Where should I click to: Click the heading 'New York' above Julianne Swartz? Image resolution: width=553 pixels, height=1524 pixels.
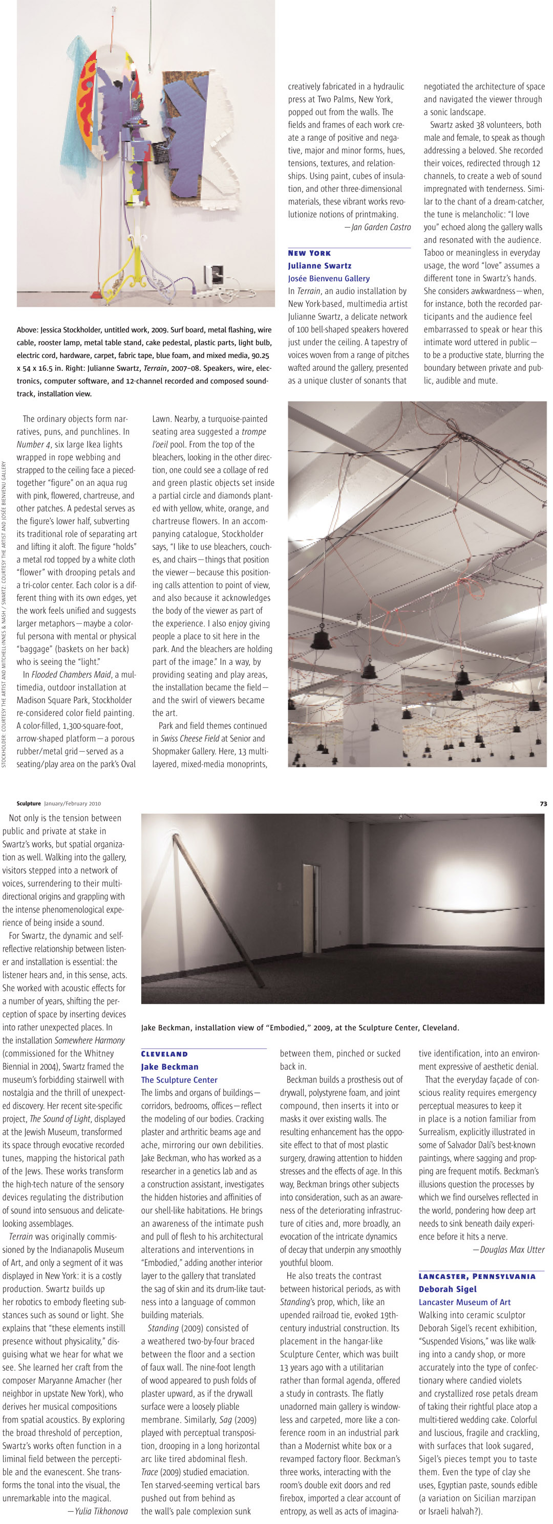[309, 253]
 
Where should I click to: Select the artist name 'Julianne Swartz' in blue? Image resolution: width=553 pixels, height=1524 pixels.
[319, 265]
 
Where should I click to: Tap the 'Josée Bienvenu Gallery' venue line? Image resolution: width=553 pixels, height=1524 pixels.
[329, 278]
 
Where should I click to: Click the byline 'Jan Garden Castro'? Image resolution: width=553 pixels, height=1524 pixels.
[381, 227]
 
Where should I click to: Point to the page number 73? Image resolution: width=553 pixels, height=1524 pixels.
[543, 803]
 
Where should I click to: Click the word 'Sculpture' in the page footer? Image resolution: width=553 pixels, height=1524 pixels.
[29, 803]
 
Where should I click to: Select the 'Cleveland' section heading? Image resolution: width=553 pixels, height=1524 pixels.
[164, 1054]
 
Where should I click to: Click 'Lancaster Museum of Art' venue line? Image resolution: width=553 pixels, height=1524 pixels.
[464, 1302]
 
